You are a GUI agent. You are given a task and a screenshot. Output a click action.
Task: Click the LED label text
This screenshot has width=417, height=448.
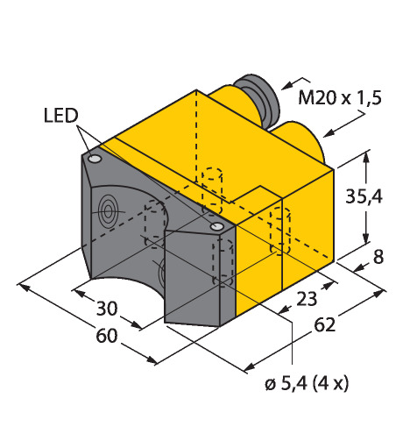pyautogui.click(x=61, y=116)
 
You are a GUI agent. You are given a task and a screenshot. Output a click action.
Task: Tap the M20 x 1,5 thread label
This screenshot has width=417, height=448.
pyautogui.click(x=340, y=97)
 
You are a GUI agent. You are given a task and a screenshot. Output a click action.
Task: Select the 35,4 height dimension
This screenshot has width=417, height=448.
pyautogui.click(x=364, y=196)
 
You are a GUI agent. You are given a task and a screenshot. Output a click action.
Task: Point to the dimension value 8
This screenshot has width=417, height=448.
pyautogui.click(x=378, y=257)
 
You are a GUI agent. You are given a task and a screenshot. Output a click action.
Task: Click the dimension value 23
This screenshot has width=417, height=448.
pyautogui.click(x=307, y=299)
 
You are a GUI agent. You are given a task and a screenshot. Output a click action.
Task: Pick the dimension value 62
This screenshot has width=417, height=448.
pyautogui.click(x=324, y=324)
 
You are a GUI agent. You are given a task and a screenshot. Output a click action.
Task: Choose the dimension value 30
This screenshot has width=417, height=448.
pyautogui.click(x=107, y=309)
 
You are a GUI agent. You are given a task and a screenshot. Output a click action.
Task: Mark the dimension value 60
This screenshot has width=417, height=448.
pyautogui.click(x=107, y=336)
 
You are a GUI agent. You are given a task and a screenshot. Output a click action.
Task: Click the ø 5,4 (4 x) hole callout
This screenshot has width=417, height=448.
pyautogui.click(x=307, y=383)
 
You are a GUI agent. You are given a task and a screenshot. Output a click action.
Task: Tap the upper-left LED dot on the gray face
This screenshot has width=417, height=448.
pyautogui.click(x=95, y=160)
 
